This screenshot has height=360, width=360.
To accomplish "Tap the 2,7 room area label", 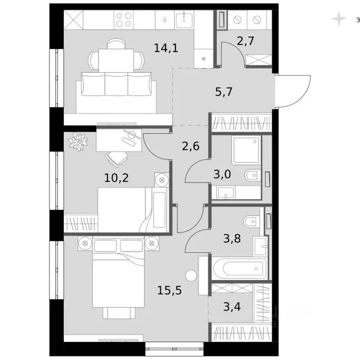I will [x=246, y=41].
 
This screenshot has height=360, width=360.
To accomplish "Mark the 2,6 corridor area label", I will [x=190, y=146].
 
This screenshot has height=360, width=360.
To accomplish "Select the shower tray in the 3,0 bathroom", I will [x=245, y=150].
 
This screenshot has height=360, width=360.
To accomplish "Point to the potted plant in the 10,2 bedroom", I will [x=78, y=141].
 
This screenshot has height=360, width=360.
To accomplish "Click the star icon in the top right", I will [x=337, y=19].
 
